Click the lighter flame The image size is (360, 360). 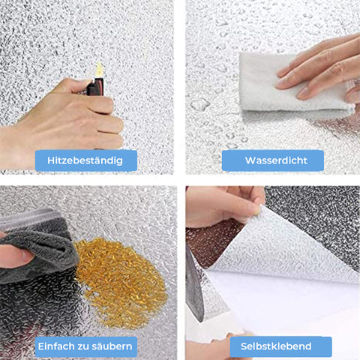[x=100, y=70]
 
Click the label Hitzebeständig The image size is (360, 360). [x=86, y=160]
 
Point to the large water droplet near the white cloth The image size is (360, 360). [x=200, y=104]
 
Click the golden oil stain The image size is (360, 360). [x=121, y=283]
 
